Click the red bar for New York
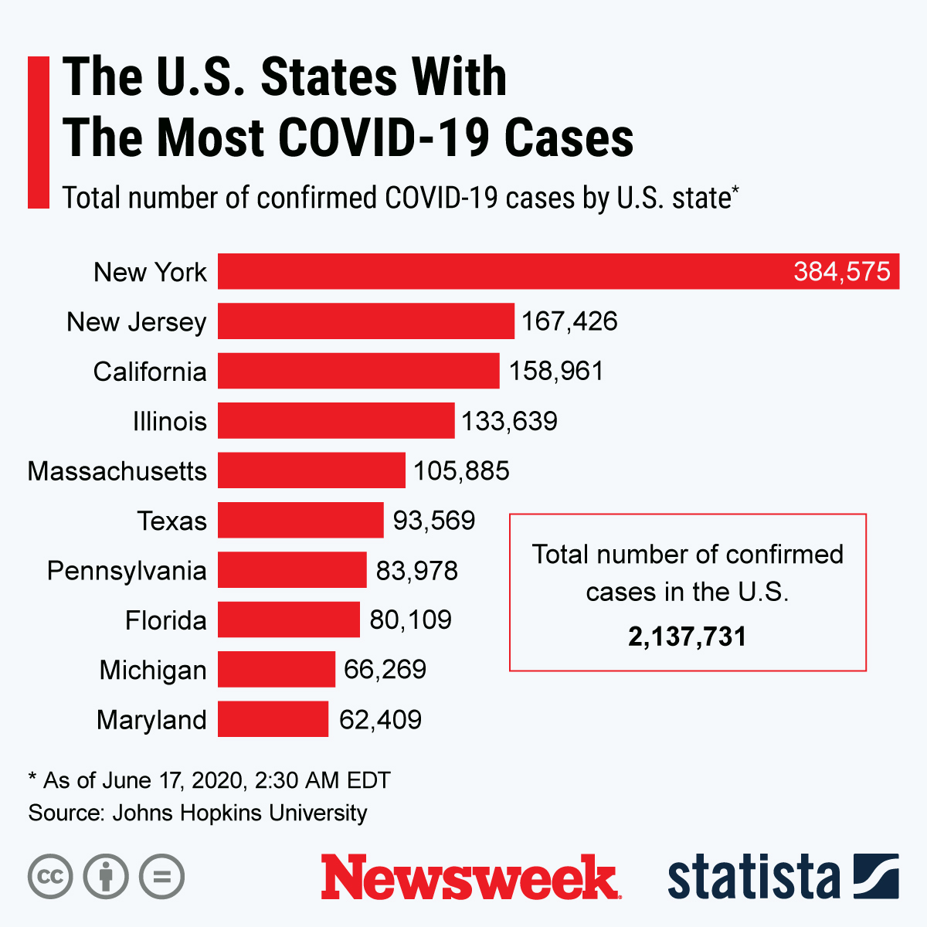tap(502, 271)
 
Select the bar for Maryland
tap(273, 719)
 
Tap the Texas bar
tap(301, 520)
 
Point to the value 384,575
tap(841, 271)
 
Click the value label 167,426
tap(569, 321)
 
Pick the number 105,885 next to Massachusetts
tap(461, 470)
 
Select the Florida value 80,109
tap(410, 620)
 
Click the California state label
tap(150, 372)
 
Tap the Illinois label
tap(170, 421)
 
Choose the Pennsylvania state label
tap(127, 571)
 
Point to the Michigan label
tap(153, 670)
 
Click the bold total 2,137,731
tap(687, 637)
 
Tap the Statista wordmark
tap(753, 878)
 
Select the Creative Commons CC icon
tap(50, 877)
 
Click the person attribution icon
tap(106, 877)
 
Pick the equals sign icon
tap(162, 877)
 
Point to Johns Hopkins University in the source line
tap(239, 813)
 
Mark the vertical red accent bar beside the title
tap(39, 132)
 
